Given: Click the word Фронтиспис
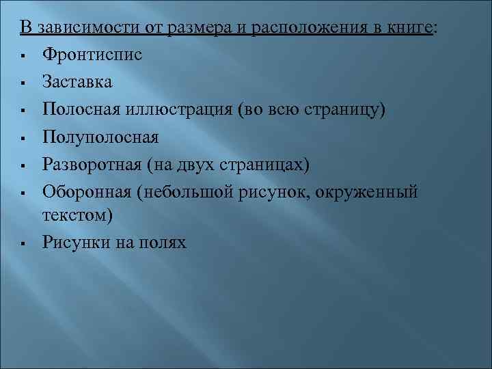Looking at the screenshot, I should (92, 54).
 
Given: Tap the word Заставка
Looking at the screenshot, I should (77, 81).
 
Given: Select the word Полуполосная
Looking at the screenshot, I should (100, 137).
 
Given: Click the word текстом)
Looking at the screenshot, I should (76, 215).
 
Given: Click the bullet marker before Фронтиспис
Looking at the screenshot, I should (24, 55).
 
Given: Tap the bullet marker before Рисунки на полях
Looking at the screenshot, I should (24, 242).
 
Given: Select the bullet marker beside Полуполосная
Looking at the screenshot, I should (24, 138).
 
